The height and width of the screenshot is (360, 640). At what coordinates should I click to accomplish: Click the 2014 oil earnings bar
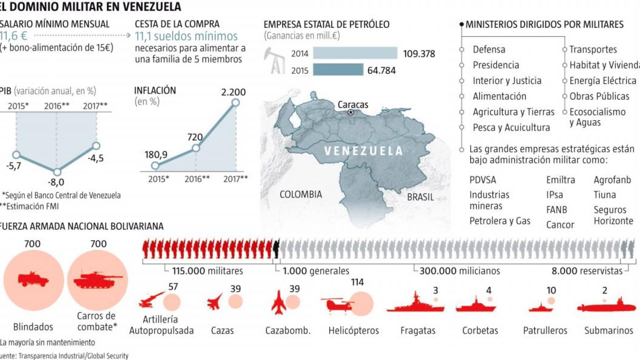pyautogui.click(x=355, y=53)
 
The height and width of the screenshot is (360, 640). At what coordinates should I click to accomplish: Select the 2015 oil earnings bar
pyautogui.click(x=338, y=70)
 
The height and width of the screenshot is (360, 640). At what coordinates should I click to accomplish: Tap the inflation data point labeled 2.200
pyautogui.click(x=236, y=102)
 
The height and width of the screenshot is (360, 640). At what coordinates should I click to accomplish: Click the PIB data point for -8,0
pyautogui.click(x=57, y=172)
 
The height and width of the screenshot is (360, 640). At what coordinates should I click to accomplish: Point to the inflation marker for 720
pyautogui.click(x=195, y=148)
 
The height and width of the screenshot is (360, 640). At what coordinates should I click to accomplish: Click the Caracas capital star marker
pyautogui.click(x=351, y=112)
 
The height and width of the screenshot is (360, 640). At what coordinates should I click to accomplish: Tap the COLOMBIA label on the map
pyautogui.click(x=301, y=194)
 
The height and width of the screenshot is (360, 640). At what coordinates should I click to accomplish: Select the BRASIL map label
pyautogui.click(x=420, y=197)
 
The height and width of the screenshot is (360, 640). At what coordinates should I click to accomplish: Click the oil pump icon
pyautogui.click(x=275, y=61)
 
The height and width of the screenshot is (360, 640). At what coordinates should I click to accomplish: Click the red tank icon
pyautogui.click(x=98, y=279)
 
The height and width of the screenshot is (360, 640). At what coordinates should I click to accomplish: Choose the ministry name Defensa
pyautogui.click(x=489, y=50)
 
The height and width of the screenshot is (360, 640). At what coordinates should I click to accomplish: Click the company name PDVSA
pyautogui.click(x=483, y=180)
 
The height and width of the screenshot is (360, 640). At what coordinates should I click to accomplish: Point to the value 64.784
pyautogui.click(x=381, y=70)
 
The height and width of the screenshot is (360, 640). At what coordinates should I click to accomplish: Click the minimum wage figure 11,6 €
pyautogui.click(x=13, y=36)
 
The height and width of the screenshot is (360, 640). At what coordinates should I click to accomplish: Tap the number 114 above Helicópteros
pyautogui.click(x=357, y=282)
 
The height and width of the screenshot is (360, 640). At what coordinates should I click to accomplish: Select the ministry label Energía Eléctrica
pyautogui.click(x=603, y=81)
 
